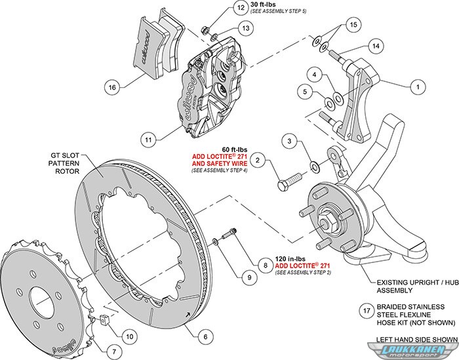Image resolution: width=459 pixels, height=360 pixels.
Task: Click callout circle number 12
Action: point(241,7)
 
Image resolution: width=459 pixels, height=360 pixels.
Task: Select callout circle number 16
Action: point(112,87)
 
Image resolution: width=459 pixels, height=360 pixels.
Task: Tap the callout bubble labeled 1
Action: point(418,87)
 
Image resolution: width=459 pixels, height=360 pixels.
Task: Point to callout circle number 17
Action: point(367,311)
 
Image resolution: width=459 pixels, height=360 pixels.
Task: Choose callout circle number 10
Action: point(130,336)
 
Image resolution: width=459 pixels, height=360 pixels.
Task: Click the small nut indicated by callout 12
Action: point(205,30)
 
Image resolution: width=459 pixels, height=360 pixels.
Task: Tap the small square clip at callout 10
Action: point(104,319)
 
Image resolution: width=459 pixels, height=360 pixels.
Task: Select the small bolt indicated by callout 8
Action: point(229,233)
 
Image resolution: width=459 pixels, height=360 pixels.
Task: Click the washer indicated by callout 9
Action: point(215,241)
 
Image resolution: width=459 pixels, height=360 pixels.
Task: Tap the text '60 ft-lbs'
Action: point(234,150)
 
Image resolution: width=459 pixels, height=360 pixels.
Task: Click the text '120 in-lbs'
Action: point(290,259)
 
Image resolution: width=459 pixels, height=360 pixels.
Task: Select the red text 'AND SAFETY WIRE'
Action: point(220,163)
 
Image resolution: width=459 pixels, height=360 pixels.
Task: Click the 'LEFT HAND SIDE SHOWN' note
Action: point(417,340)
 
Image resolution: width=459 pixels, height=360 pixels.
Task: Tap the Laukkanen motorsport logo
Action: point(413,351)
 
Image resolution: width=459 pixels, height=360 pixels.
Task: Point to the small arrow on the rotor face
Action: point(188,315)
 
